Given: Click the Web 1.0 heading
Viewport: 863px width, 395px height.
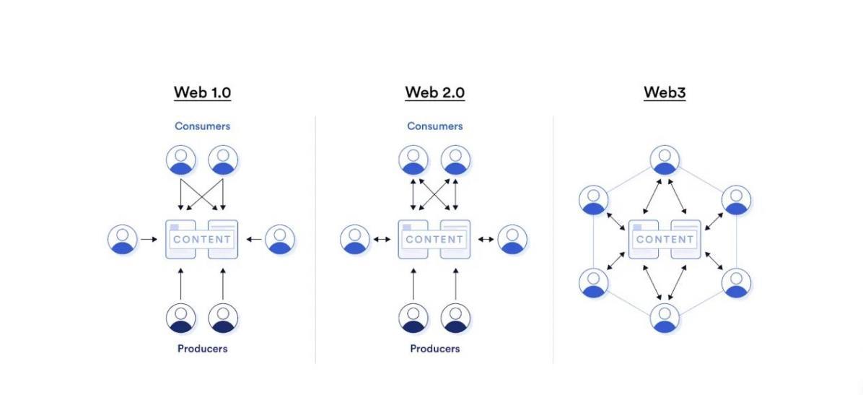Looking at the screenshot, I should (202, 92).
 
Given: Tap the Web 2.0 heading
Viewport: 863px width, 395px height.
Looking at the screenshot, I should (434, 92).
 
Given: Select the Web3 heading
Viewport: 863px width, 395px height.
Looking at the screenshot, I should (664, 92).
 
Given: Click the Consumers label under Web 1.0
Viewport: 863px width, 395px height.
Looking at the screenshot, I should (202, 126).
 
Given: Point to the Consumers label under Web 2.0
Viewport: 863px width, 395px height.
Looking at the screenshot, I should (434, 126).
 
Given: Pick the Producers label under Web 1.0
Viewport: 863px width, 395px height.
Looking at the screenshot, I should (202, 349).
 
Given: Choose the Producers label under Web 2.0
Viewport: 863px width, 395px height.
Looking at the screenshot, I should (434, 349).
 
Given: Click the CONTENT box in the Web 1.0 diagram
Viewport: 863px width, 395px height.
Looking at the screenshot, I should (202, 239).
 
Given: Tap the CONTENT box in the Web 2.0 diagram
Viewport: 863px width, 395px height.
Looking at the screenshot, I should (434, 239).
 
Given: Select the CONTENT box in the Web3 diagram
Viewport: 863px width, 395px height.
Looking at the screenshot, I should (665, 239).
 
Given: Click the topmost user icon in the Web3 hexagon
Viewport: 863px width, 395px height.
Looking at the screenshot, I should (665, 160).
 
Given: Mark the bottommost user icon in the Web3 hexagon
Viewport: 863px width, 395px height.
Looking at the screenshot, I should (665, 318).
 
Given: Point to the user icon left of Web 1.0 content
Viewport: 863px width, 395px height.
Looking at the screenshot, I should (123, 239).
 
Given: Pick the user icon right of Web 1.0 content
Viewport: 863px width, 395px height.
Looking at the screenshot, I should (280, 239).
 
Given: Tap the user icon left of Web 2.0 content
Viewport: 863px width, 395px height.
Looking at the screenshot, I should (355, 239).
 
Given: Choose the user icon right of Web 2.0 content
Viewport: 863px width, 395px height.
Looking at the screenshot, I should (512, 239).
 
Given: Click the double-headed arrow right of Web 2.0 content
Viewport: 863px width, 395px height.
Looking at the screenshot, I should (486, 239).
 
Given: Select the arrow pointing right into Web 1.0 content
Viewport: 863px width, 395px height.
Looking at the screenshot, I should (149, 239).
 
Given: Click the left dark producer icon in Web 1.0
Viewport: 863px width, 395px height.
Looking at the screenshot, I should (180, 318).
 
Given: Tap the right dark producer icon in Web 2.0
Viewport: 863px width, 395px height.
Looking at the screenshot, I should (456, 318).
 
